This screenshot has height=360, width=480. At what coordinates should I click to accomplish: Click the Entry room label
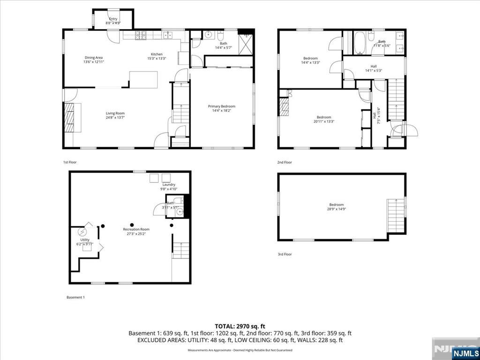113,21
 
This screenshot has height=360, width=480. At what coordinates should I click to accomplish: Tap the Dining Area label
93,60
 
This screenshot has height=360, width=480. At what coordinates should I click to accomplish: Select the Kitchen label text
157,56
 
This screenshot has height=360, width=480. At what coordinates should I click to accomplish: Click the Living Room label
115,115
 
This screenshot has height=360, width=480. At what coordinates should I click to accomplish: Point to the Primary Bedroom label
221,109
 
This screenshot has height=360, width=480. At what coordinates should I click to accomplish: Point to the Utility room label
84,242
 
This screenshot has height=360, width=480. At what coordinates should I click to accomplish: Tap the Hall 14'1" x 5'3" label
374,68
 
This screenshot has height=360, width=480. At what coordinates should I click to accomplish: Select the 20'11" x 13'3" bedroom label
324,119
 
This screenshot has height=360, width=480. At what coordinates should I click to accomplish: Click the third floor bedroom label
336,207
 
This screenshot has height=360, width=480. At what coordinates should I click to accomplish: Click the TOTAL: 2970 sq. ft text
240,326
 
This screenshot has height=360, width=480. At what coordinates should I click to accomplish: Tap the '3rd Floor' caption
284,254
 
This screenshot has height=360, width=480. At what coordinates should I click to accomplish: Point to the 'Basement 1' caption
75,297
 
